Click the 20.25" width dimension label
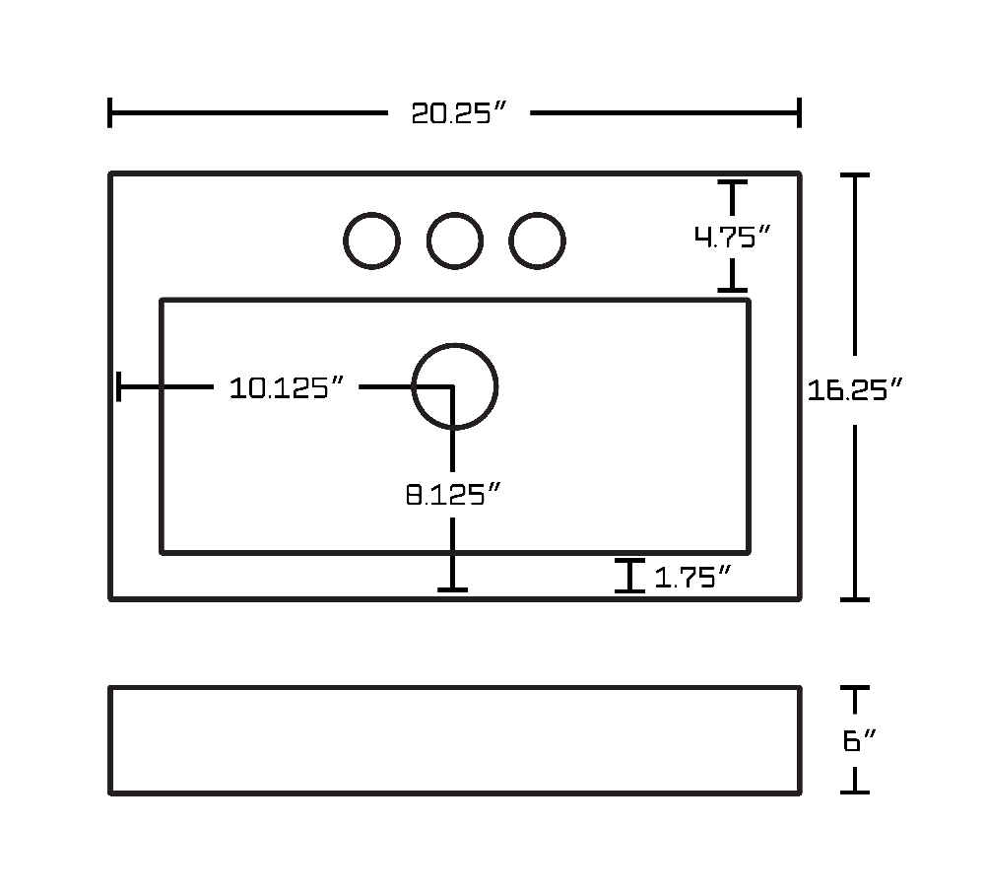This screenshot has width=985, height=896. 458,113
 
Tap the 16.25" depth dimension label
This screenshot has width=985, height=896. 854,389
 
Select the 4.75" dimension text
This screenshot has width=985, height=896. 732,237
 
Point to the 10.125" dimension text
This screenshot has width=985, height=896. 287,387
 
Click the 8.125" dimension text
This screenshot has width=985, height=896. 453,494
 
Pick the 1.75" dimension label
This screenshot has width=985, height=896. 692,577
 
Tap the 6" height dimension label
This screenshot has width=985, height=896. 859,740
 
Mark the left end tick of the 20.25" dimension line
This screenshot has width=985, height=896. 110,113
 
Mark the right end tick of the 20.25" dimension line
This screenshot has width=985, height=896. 799,113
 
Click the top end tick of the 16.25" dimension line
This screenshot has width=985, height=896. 855,175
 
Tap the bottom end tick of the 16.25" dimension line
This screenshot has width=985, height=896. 855,599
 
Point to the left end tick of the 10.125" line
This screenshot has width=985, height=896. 119,386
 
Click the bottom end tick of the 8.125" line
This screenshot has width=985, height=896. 452,589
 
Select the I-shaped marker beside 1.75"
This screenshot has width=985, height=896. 629,576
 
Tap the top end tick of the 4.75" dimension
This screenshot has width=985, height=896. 733,181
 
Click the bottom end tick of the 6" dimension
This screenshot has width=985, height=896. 855,792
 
